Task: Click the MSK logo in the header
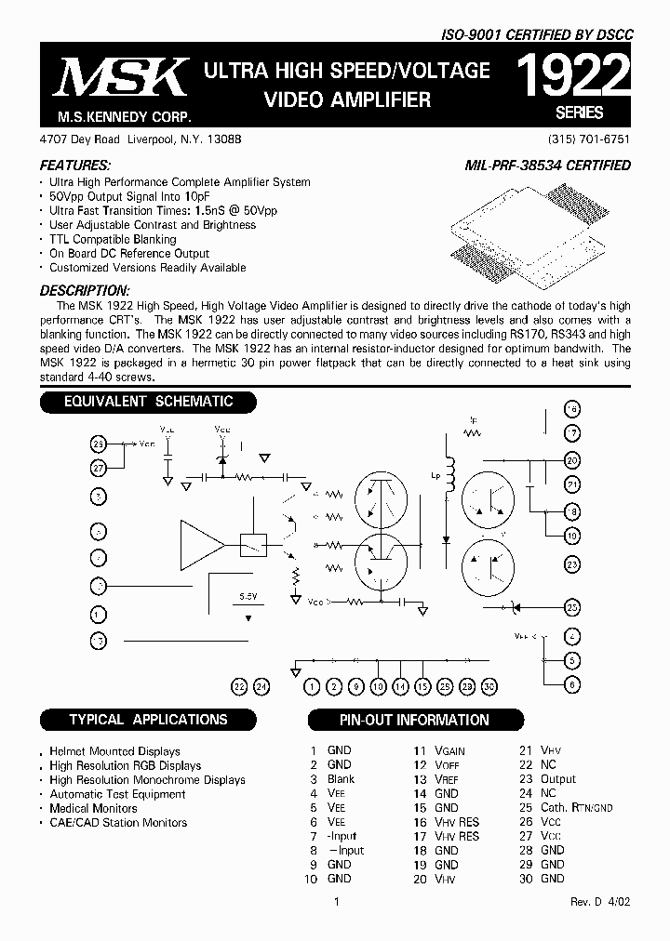pos(121,80)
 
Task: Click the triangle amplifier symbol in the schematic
pos(201,538)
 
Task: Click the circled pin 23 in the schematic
pos(572,564)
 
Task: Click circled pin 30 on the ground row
pos(489,686)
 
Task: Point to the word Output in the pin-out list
pos(558,779)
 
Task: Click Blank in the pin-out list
pos(341,779)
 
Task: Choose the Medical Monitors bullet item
pos(93,808)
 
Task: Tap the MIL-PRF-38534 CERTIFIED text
pos(547,165)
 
